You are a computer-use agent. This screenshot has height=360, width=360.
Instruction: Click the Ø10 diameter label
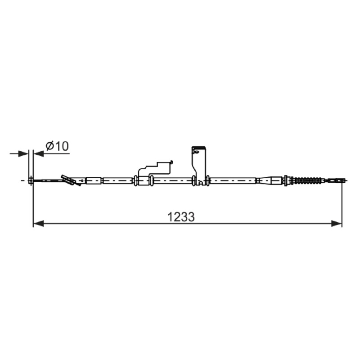[57, 146]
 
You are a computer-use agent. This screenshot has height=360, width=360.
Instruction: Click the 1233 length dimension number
[181, 217]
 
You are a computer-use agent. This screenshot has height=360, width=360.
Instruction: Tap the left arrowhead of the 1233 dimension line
[38, 223]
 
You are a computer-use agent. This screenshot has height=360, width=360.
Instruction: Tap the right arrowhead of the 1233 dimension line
[337, 223]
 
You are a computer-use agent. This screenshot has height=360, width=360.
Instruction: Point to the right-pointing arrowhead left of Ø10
[23, 153]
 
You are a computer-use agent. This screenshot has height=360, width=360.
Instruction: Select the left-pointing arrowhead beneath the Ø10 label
[39, 153]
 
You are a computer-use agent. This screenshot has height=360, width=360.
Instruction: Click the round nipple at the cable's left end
[31, 181]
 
